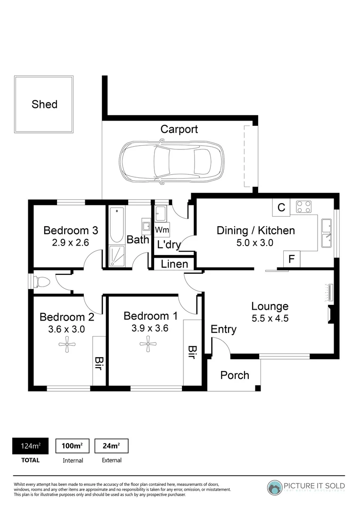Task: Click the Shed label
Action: tap(44, 104)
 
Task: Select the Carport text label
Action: tap(179, 129)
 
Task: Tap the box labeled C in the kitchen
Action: tap(281, 207)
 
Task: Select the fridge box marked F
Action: tap(292, 259)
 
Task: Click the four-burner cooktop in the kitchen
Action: tap(304, 207)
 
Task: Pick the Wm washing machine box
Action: tap(162, 230)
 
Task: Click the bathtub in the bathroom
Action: tap(115, 226)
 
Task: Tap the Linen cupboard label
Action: tap(175, 264)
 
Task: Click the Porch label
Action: tap(235, 375)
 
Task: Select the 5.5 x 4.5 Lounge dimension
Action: tap(270, 318)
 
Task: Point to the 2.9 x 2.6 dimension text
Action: tap(70, 243)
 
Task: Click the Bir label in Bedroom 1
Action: tap(192, 352)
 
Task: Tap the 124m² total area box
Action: tap(30, 446)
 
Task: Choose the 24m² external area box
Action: tap(111, 446)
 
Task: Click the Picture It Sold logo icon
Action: tap(275, 487)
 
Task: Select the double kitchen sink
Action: tap(326, 233)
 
